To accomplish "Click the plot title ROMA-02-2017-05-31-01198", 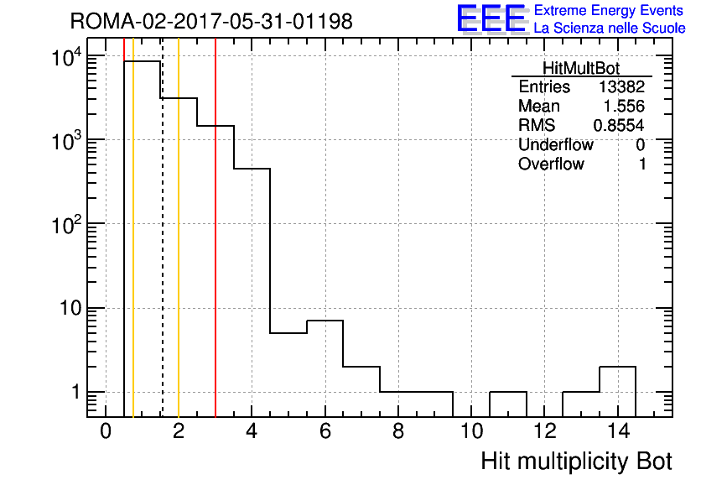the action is (x=211, y=21).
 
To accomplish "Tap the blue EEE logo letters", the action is (x=491, y=18).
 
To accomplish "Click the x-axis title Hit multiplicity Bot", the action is (x=576, y=462).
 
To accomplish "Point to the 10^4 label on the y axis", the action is (x=66, y=57).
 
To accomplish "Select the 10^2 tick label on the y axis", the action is (x=66, y=224).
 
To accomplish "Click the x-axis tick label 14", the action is (x=618, y=431).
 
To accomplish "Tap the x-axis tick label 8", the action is (x=398, y=431).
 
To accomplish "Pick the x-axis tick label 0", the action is (x=106, y=431).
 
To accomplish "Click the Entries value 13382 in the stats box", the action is (x=621, y=86).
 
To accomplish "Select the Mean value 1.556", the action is (x=624, y=107).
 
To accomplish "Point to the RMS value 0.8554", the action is (x=619, y=126).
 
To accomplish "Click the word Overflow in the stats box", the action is (x=551, y=164).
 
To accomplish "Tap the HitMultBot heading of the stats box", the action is (x=581, y=68).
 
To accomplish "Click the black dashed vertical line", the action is (x=163, y=227).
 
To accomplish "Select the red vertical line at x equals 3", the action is (x=215, y=227).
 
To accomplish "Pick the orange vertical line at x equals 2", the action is (x=179, y=227).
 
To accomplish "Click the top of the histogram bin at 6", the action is (x=325, y=321).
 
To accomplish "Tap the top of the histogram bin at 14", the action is (x=617, y=367).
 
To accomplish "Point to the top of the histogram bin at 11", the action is (x=508, y=392).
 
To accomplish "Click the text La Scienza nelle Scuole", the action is (x=610, y=28).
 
